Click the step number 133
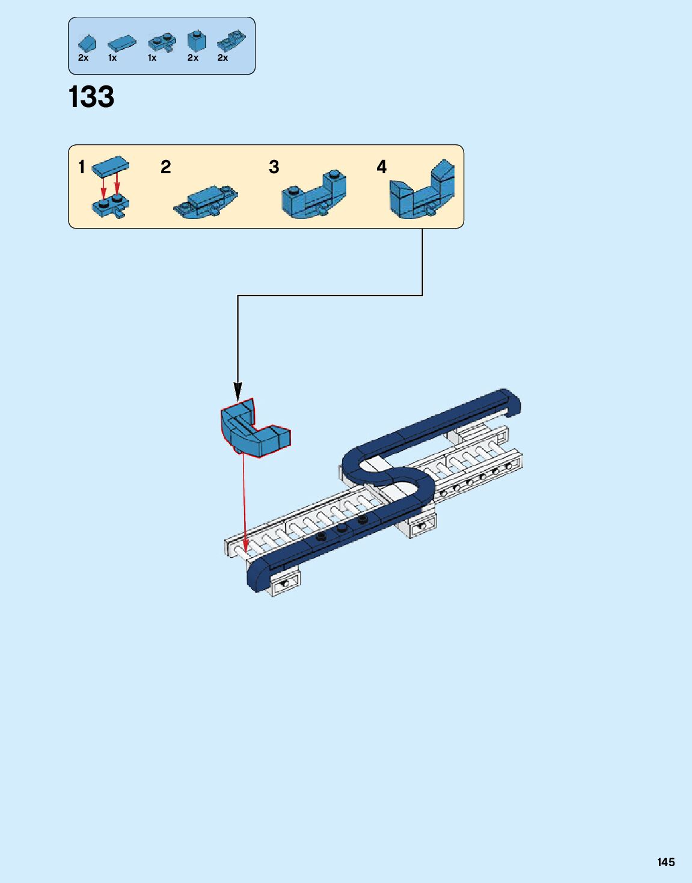91,97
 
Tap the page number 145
666,862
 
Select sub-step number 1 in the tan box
82,167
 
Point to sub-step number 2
166,167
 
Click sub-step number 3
274,167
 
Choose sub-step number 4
381,167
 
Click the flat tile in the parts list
121,43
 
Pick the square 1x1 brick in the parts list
196,41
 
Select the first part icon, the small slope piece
87,43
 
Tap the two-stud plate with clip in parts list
162,42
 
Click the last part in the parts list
231,41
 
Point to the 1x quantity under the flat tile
112,58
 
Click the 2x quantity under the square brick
192,58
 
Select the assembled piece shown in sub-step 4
422,190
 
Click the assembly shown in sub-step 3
314,194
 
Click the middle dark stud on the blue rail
342,528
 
